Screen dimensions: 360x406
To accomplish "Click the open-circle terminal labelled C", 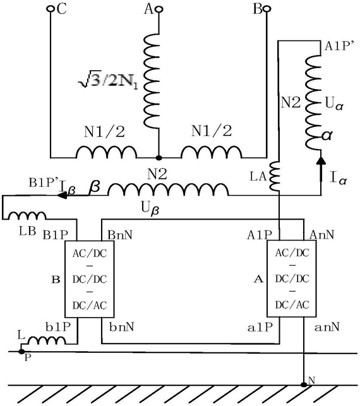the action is click(50, 9).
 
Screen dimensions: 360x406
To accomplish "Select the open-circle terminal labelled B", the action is click(267, 9).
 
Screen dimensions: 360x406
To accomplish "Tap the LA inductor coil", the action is click(275, 177).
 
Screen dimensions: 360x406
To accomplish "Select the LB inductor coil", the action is click(27, 216).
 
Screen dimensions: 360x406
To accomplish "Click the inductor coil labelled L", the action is click(47, 340).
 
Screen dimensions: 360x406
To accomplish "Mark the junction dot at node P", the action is click(21, 352).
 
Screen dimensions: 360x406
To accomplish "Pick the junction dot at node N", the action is click(304, 385).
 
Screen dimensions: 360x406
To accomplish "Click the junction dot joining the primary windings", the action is click(159, 157).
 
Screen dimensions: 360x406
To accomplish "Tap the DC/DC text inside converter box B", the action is click(89, 280).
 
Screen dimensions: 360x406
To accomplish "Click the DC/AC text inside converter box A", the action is click(292, 305).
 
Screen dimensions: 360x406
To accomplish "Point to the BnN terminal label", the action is click(120, 235).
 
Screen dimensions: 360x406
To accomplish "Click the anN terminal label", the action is click(327, 327).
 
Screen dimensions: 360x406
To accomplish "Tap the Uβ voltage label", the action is click(150, 208).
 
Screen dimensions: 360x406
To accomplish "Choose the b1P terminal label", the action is click(58, 327).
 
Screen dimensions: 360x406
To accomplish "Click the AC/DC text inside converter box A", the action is click(292, 253).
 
